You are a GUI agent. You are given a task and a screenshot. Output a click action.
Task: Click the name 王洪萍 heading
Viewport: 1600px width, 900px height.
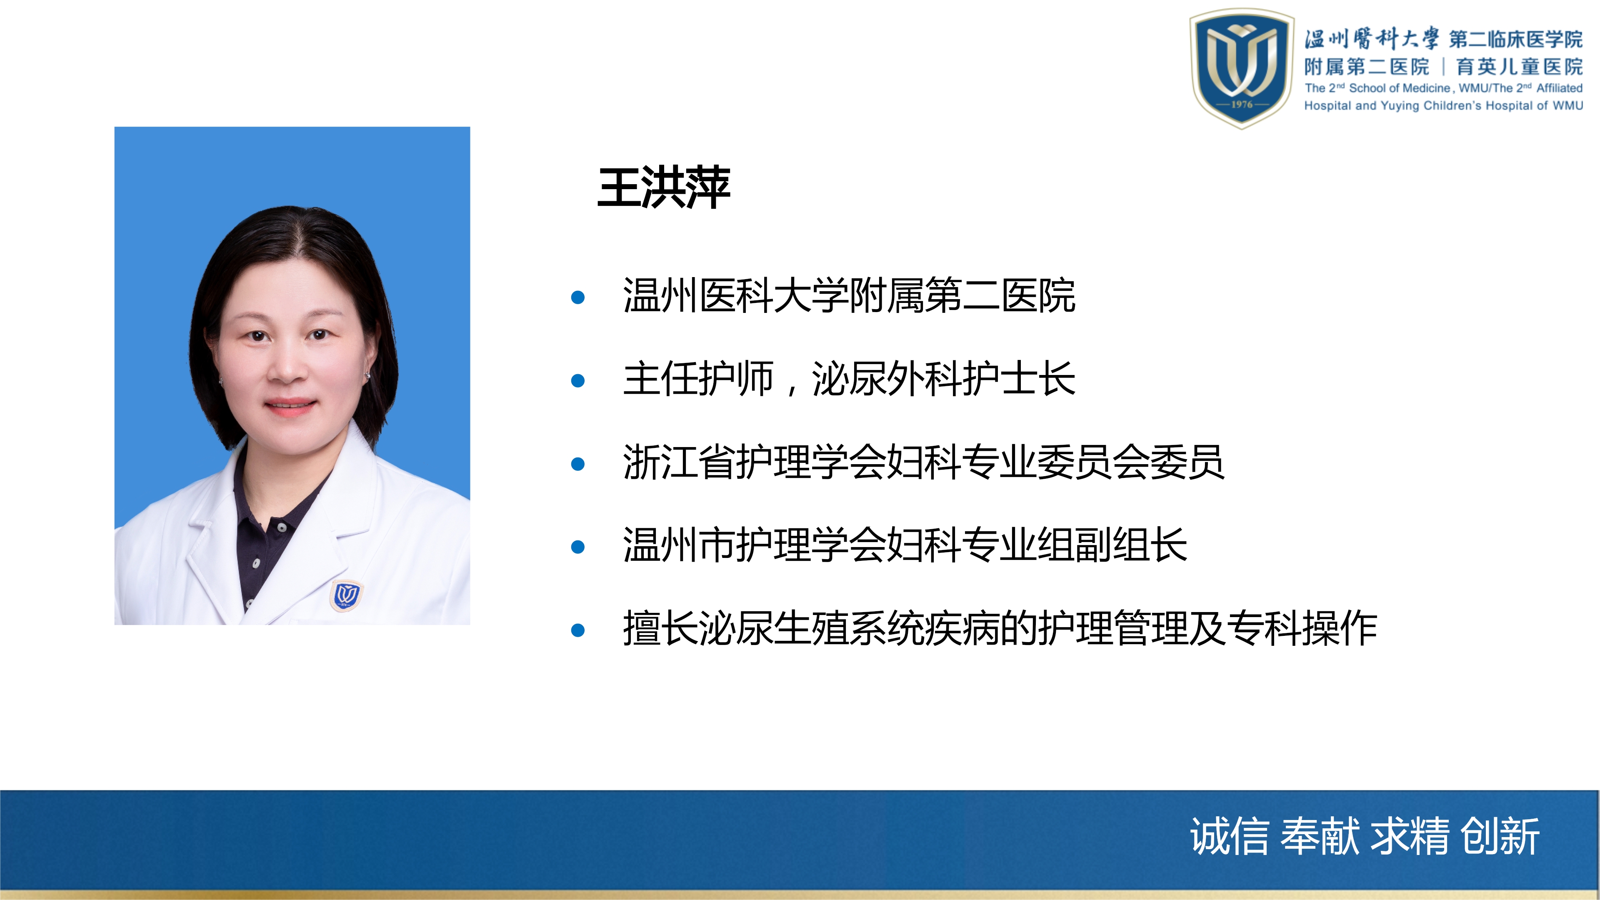663,187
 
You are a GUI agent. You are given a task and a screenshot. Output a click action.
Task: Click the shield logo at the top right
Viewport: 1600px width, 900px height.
1242,68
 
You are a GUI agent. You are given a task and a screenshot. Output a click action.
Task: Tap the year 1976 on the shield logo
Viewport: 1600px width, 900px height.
1242,104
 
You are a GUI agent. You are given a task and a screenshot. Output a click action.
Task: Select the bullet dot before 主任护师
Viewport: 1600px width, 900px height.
577,380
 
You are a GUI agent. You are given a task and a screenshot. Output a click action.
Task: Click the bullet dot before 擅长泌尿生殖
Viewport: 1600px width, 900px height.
577,630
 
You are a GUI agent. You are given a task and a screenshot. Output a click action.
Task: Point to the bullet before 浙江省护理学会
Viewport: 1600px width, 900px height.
577,464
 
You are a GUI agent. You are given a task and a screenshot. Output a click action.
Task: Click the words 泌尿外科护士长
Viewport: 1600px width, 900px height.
943,378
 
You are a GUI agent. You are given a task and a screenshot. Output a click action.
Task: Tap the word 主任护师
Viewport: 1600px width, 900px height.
698,378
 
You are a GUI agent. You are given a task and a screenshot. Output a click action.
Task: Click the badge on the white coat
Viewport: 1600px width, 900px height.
345,595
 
